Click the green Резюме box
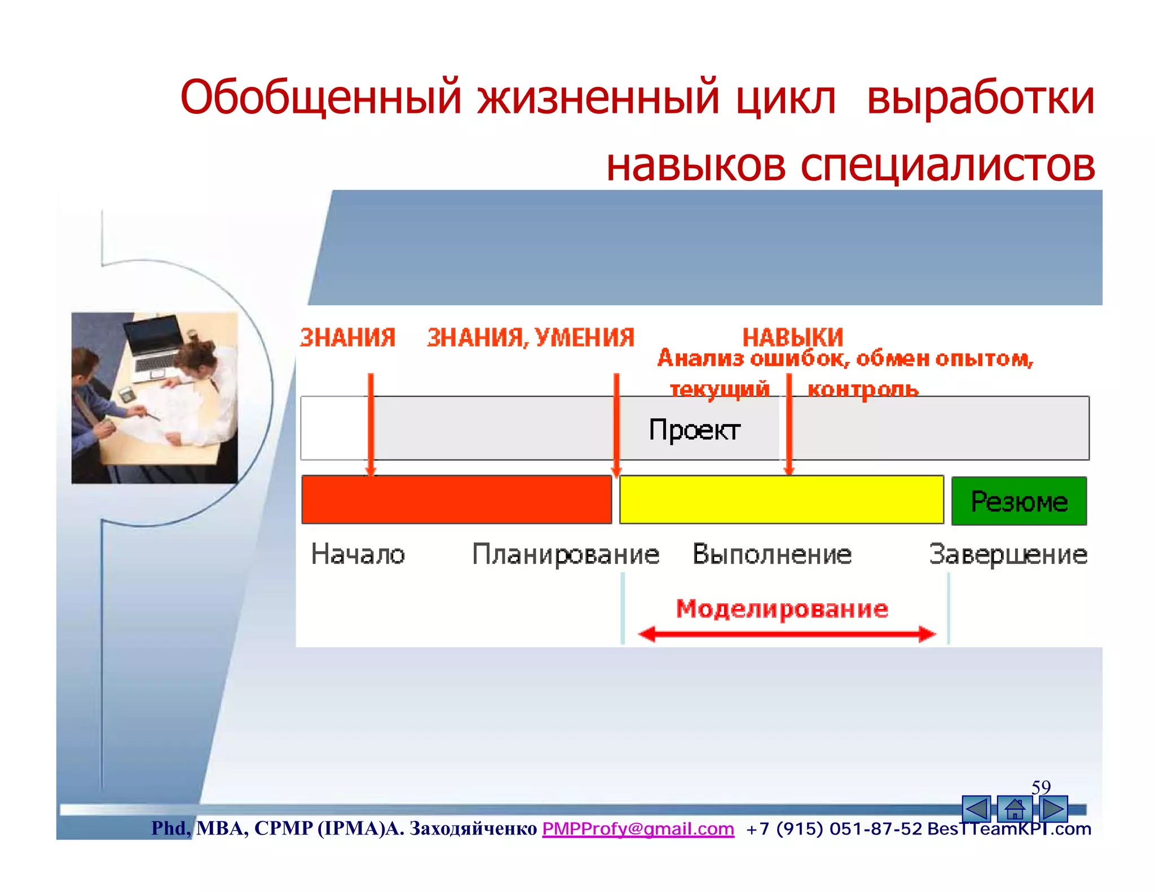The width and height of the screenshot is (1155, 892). pyautogui.click(x=1019, y=501)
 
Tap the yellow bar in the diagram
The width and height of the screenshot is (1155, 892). pyautogui.click(x=781, y=500)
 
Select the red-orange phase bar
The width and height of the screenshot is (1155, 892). pyautogui.click(x=456, y=500)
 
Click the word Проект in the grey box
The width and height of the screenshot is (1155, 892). pyautogui.click(x=694, y=430)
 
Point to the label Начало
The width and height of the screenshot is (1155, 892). pyautogui.click(x=358, y=554)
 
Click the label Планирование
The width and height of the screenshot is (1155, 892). pyautogui.click(x=565, y=554)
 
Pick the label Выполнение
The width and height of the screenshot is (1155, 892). pyautogui.click(x=772, y=554)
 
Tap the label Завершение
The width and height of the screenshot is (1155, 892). pyautogui.click(x=1008, y=554)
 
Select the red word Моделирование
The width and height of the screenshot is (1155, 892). pyautogui.click(x=782, y=608)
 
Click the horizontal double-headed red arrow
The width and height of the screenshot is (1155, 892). pyautogui.click(x=786, y=634)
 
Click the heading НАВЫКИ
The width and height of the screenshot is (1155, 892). pyautogui.click(x=792, y=337)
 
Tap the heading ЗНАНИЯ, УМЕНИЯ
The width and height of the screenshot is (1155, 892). pyautogui.click(x=530, y=337)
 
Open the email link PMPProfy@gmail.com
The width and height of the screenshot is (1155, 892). pyautogui.click(x=638, y=828)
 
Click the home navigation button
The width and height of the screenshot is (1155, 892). pyautogui.click(x=1014, y=809)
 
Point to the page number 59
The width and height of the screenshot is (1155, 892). pyautogui.click(x=1041, y=787)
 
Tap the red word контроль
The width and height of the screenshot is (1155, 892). pyautogui.click(x=863, y=389)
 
